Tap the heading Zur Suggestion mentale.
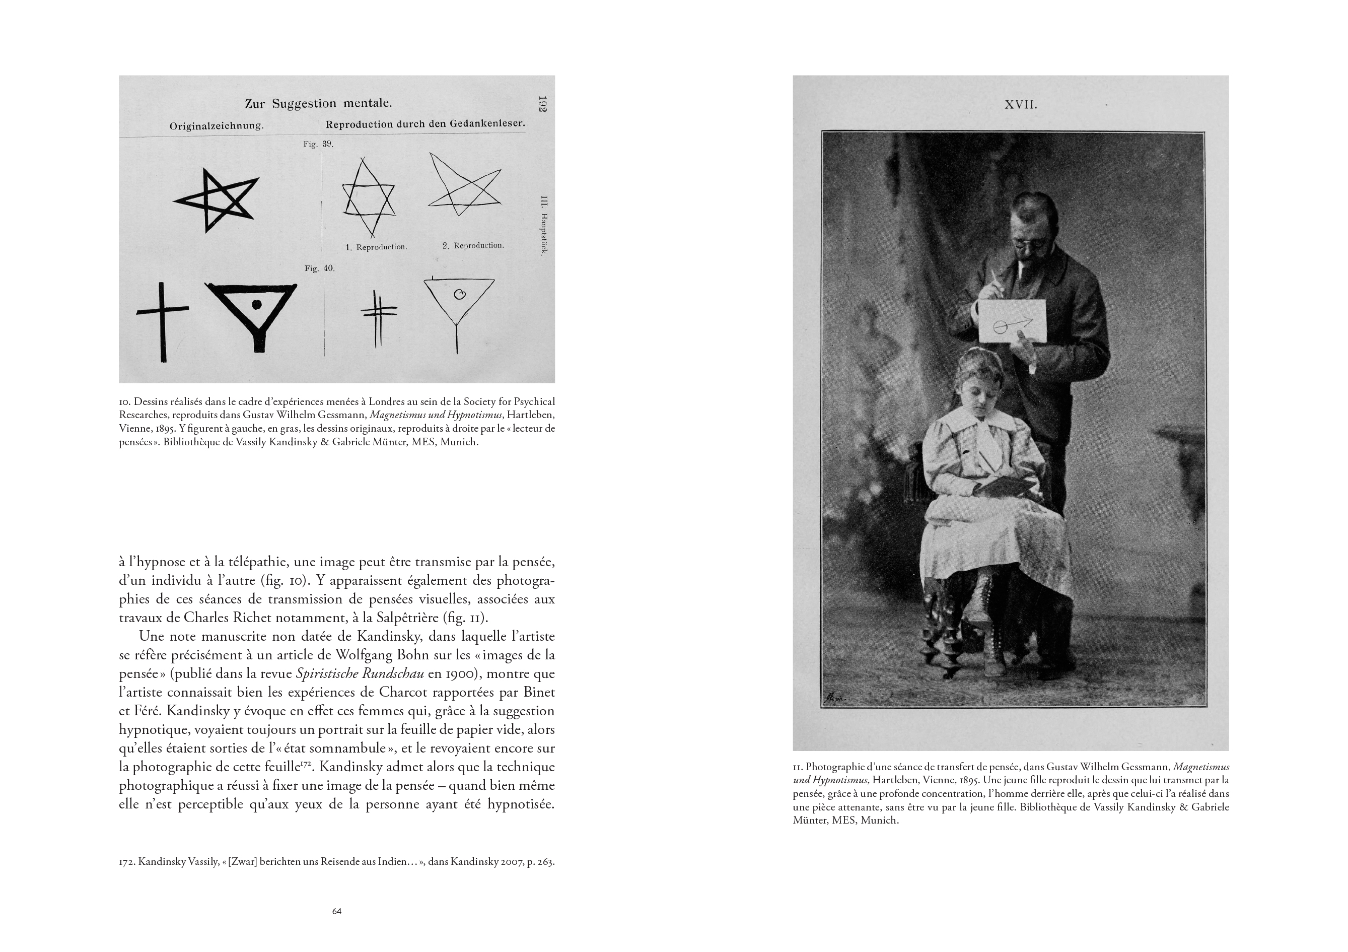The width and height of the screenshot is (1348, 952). click(318, 104)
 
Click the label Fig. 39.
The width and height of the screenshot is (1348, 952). click(318, 145)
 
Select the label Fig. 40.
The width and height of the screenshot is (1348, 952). click(319, 268)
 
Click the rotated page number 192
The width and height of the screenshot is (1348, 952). click(542, 105)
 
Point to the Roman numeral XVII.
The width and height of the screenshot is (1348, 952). click(1021, 105)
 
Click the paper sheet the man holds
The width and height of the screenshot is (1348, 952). click(1013, 321)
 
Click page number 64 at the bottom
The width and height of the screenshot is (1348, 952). click(336, 912)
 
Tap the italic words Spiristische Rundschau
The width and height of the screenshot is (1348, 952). click(360, 673)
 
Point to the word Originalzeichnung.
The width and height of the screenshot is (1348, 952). click(217, 126)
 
